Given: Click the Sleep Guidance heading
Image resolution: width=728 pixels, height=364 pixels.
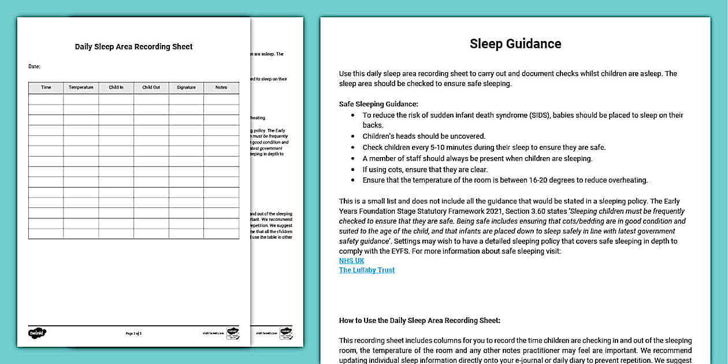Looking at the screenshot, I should (515, 44).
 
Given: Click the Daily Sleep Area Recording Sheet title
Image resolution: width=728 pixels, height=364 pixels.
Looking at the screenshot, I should (133, 47).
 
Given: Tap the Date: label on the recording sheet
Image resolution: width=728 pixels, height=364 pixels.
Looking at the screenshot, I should (34, 66).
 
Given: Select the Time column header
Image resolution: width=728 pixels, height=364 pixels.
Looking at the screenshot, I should (46, 87).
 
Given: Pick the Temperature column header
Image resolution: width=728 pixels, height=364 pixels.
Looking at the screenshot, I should (81, 87).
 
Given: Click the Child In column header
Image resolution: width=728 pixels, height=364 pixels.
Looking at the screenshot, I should (116, 87).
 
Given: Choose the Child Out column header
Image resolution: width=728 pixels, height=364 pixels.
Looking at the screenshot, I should (151, 87).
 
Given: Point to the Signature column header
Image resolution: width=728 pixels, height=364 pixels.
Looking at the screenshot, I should (186, 87).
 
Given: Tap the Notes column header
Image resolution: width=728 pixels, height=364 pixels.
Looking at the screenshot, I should (221, 87).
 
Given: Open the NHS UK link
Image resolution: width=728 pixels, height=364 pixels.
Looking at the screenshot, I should (351, 261).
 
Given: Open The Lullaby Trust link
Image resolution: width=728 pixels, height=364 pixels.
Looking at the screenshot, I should (367, 270).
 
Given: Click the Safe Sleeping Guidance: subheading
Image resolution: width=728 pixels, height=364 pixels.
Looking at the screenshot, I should (378, 104).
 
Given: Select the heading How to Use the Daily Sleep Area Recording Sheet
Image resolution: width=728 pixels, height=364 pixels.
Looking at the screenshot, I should (419, 320).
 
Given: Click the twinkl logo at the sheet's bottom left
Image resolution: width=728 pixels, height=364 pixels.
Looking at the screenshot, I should (37, 333).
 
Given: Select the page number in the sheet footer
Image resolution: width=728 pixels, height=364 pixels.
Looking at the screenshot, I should (133, 333).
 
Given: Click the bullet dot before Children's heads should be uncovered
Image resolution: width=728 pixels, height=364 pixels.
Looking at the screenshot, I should (353, 136).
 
